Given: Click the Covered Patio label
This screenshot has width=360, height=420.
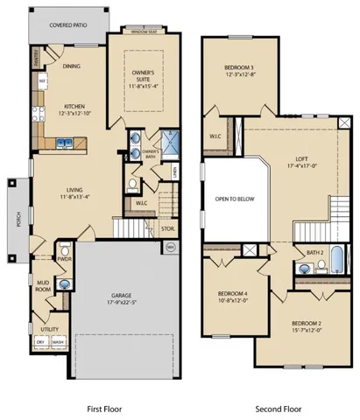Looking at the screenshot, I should [60, 26].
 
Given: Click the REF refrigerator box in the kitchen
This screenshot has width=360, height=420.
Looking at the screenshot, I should [40, 82].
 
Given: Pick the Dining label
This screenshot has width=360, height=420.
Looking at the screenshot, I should [72, 65].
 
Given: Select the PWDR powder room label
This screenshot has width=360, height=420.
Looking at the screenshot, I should [40, 259].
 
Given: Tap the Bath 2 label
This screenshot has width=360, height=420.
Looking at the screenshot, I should [315, 253].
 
